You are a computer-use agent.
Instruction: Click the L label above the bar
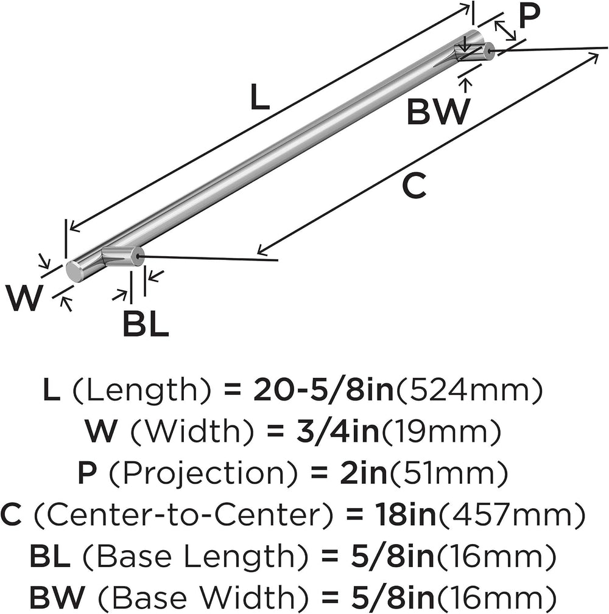[260, 97]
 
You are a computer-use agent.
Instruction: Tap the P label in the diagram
[529, 16]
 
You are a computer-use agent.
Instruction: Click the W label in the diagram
[24, 298]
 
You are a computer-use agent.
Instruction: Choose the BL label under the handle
[146, 324]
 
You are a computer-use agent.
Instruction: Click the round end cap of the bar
[74, 271]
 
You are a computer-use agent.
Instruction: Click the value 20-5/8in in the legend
[323, 391]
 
